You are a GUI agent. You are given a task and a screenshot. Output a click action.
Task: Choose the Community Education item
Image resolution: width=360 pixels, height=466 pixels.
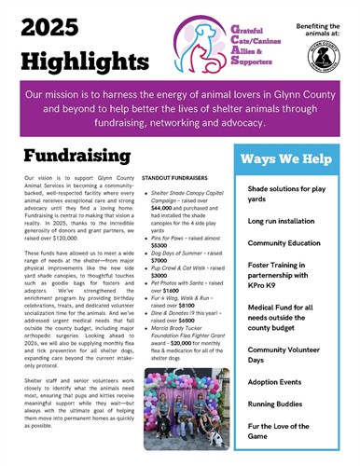point(291,242)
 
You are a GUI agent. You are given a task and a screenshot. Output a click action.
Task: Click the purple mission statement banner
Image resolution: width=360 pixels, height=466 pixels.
point(179,106)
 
